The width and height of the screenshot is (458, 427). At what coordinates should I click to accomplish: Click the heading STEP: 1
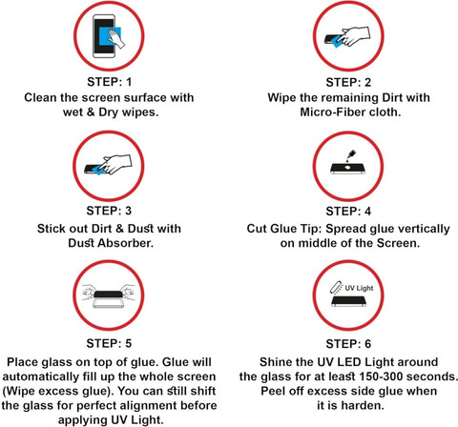(109, 82)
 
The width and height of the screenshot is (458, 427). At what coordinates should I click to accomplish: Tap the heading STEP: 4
(348, 212)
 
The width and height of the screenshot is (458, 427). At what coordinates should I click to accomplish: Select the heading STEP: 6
(348, 344)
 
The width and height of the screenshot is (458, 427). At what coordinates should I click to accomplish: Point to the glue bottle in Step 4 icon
(351, 154)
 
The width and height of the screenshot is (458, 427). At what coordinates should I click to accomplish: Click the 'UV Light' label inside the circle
(359, 288)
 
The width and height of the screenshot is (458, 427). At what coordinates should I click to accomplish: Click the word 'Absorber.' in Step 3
(126, 243)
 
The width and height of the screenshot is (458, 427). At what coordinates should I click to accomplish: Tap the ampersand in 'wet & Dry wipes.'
(91, 112)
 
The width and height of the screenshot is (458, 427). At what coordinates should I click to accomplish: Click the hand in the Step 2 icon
(354, 35)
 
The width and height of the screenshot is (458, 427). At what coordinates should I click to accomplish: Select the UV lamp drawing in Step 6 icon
(336, 287)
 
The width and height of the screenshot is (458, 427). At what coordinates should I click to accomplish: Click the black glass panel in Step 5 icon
(108, 295)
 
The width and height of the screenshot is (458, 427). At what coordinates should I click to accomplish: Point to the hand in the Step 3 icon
(115, 164)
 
